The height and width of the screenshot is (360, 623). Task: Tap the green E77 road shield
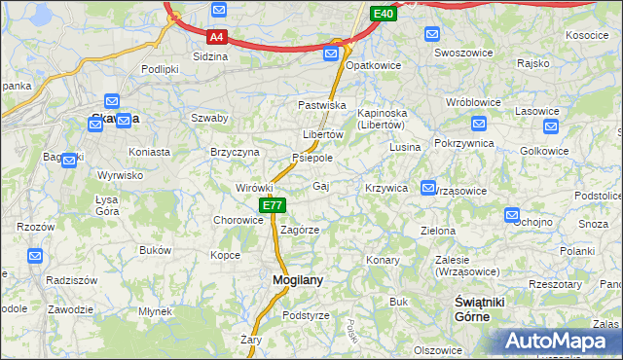coord(273,205)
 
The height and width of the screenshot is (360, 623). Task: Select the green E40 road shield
coord(384,13)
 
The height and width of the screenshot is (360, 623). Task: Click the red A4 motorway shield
coord(218,37)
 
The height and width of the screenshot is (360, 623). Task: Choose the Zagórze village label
coord(300,230)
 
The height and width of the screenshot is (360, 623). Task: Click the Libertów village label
coord(323,134)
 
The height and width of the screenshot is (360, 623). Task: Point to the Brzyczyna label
coord(235,152)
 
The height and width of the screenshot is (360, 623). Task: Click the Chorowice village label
coord(238,220)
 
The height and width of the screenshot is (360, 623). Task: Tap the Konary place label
coord(383,260)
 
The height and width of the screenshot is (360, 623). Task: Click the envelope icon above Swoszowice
coord(431,34)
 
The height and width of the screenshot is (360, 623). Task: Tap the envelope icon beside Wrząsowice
coord(427,187)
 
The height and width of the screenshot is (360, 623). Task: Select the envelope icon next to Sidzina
coord(219,10)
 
